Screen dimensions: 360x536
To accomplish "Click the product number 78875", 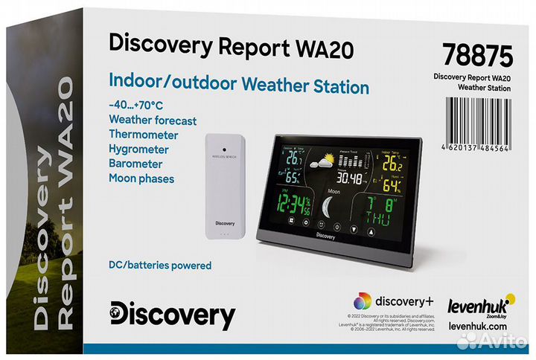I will pos(477,55).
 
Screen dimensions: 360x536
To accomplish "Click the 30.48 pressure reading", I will pos(349,179).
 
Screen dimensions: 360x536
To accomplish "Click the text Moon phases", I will pos(141,179).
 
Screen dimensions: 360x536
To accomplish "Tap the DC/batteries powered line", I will pos(160,266).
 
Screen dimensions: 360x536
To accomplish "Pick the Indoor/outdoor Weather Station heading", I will pos(239,87).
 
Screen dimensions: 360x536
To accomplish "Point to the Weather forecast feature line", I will pos(153,120).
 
